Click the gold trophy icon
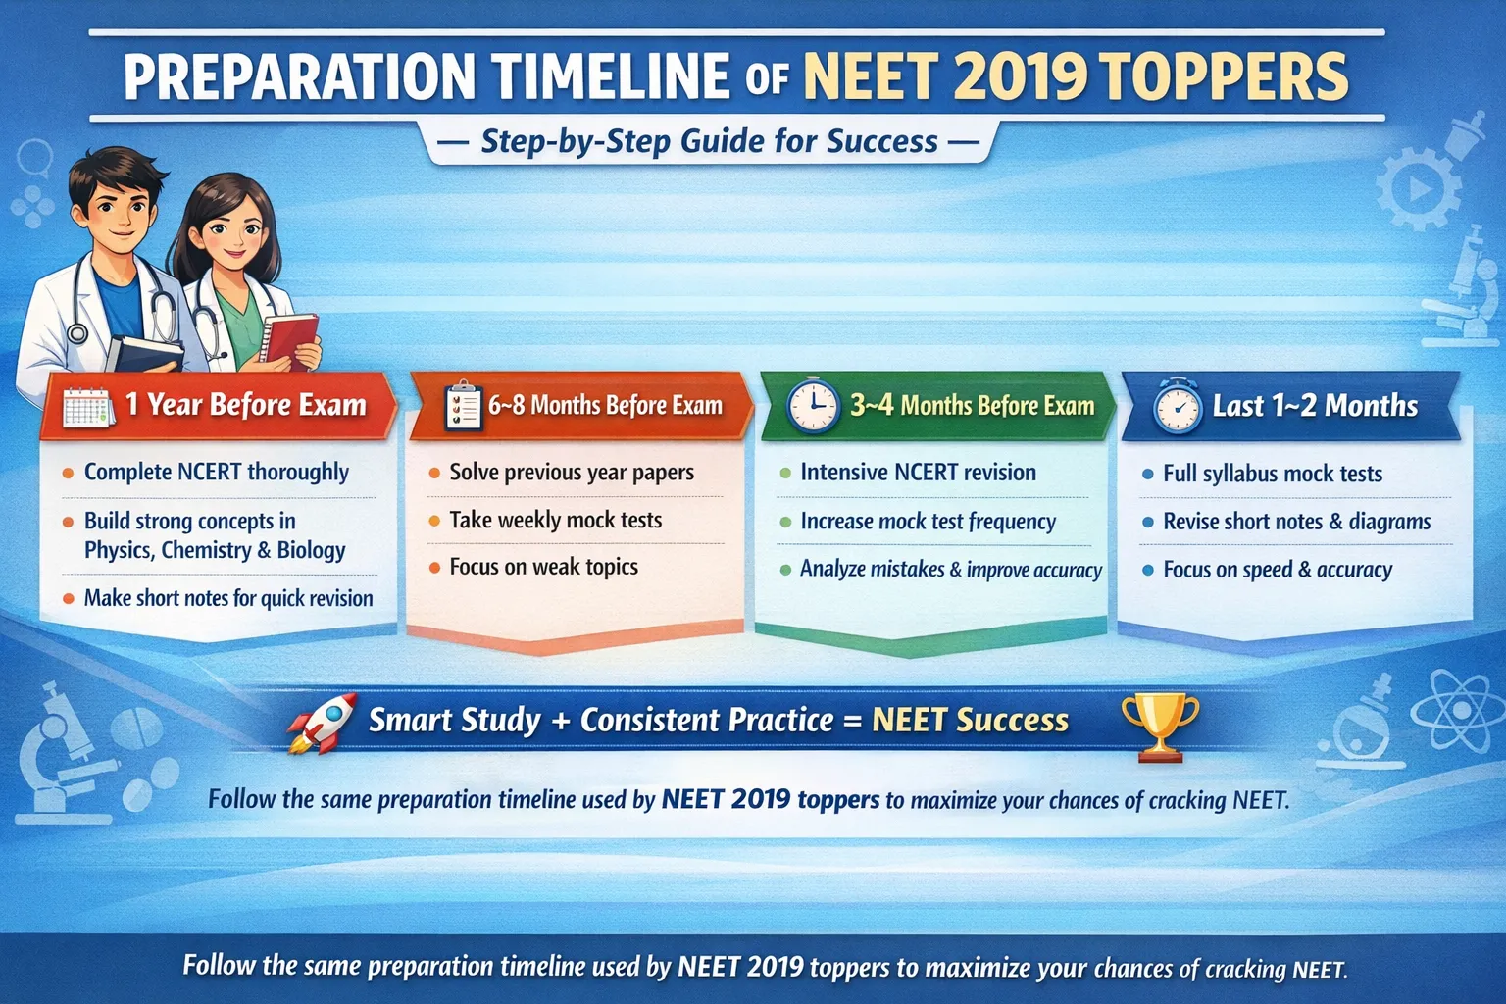[1159, 727]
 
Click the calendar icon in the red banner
[88, 406]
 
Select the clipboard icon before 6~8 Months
[463, 406]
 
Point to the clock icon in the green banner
[813, 406]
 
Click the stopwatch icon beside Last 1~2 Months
[1177, 406]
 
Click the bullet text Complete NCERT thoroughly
[216, 472]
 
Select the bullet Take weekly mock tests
[555, 520]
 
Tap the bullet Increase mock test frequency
[928, 522]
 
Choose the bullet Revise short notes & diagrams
[1296, 522]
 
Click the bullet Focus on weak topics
[543, 567]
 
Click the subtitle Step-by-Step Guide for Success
[709, 142]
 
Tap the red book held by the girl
[290, 339]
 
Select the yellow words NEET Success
[970, 721]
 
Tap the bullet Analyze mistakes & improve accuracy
[950, 570]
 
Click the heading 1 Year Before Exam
[245, 405]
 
